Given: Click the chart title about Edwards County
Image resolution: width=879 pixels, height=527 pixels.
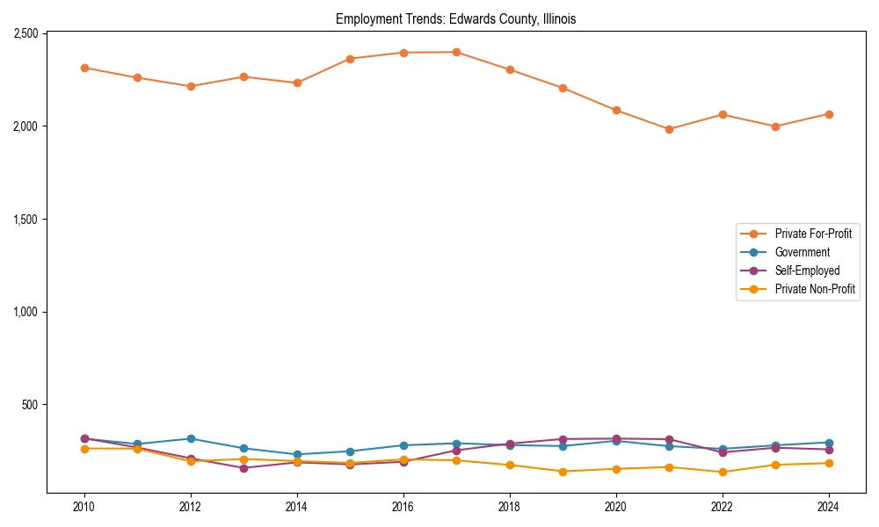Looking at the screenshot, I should click(455, 19).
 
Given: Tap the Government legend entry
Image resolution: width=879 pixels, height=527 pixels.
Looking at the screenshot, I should click(802, 252).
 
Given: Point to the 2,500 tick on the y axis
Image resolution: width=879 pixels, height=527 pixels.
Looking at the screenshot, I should click(25, 33).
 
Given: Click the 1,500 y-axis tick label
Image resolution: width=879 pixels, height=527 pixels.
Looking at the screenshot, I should click(25, 219).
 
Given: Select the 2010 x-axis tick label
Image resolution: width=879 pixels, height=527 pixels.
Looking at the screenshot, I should click(84, 507).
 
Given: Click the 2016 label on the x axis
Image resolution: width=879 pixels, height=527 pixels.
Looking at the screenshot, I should click(403, 507).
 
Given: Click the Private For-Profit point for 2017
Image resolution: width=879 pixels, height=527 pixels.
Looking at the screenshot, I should click(456, 52).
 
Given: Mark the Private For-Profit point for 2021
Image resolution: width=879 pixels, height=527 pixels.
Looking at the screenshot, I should click(669, 129).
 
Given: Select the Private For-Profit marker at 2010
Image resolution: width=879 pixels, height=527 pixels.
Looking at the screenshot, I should click(84, 68).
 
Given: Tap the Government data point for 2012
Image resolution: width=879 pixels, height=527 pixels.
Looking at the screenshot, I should click(191, 438).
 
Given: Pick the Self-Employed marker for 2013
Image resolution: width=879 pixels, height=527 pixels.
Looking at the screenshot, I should click(243, 468).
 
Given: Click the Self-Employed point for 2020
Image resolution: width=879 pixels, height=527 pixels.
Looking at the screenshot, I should click(616, 438).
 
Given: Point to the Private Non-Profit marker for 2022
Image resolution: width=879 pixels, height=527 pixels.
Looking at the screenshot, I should click(723, 472).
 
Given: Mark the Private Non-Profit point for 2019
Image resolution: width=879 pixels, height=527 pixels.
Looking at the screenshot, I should click(563, 472).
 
